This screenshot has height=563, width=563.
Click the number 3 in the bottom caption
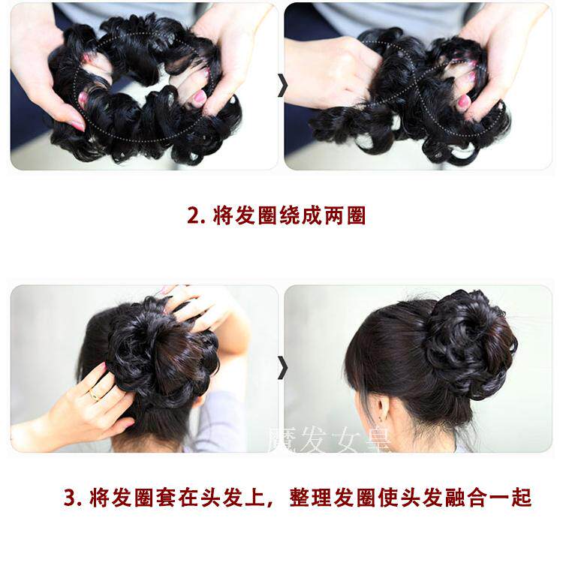click(x=71, y=498)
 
